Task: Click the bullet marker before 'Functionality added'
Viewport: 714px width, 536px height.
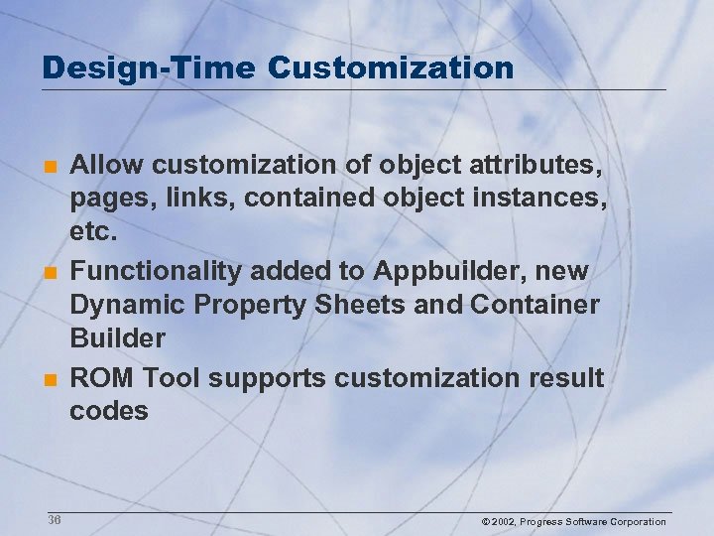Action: click(x=50, y=271)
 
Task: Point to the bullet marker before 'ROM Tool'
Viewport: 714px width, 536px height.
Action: click(x=50, y=379)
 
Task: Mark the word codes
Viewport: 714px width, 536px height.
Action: click(x=108, y=410)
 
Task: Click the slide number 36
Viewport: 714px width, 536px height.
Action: click(x=55, y=521)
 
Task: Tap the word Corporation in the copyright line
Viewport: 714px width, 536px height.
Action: click(x=638, y=522)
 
